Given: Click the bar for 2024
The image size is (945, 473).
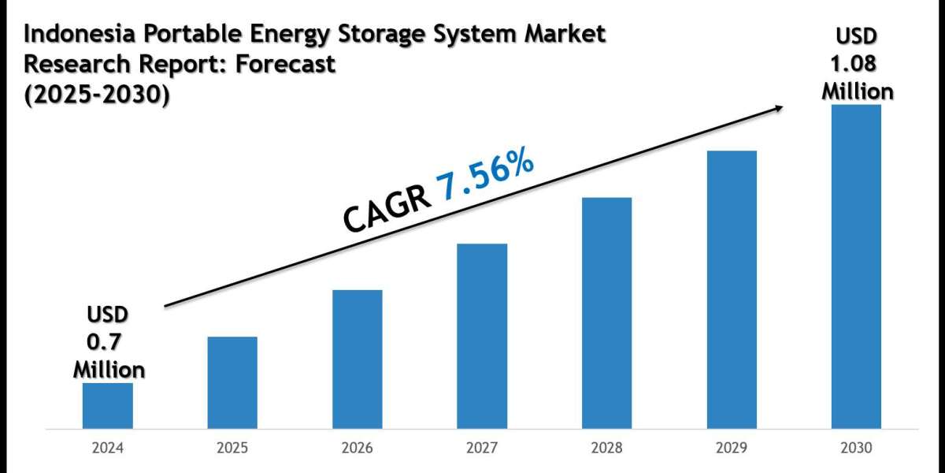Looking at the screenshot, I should tap(108, 406).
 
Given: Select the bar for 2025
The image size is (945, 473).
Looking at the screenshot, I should tap(232, 383).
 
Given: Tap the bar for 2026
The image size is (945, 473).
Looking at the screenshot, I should tap(357, 359).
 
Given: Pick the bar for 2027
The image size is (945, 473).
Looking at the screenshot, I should tap(482, 337).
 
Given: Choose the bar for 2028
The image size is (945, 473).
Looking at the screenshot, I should tap(606, 313).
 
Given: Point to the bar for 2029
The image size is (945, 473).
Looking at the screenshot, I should tap(732, 290).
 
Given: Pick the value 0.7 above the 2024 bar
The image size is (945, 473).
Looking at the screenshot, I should tap(108, 342).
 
